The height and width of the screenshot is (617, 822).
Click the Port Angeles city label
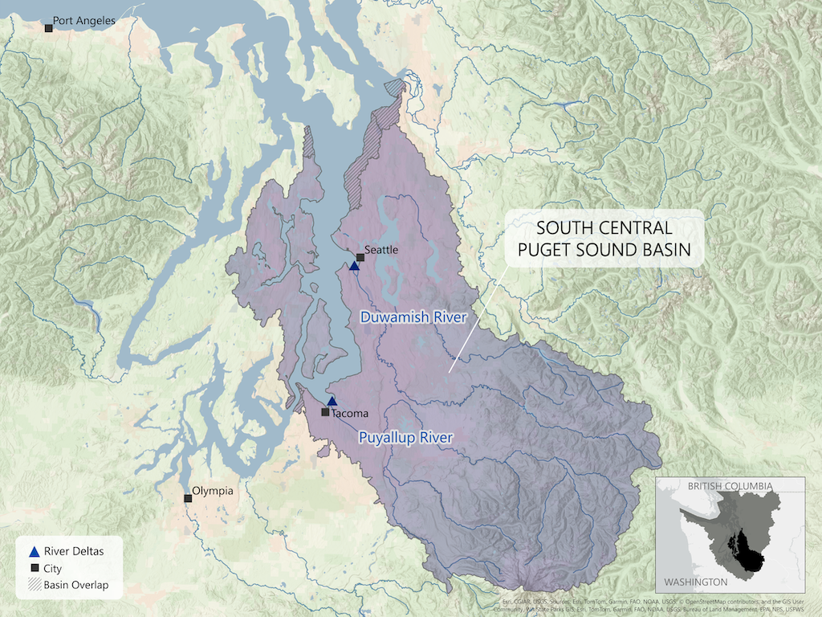(83, 21)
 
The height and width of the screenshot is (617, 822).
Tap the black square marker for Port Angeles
(48, 28)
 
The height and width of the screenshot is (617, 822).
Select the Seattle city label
(381, 250)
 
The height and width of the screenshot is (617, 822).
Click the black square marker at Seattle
(360, 257)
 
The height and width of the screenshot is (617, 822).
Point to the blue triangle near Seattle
(354, 266)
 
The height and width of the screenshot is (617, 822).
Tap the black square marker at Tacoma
(325, 412)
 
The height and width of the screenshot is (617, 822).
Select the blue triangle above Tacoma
(332, 402)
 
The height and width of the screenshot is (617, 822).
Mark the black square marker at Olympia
(188, 498)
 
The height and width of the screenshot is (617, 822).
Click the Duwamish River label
(413, 317)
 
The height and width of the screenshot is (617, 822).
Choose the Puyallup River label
(405, 438)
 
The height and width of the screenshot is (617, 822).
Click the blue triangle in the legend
(34, 552)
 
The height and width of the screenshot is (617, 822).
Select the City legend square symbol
(34, 568)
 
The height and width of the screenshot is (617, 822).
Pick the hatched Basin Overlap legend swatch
(34, 585)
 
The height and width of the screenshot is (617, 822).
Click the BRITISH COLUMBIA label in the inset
(729, 486)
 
